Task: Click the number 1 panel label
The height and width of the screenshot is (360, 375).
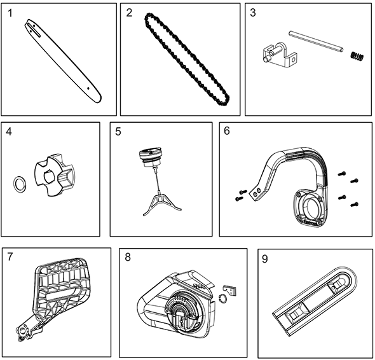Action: [x=10, y=13]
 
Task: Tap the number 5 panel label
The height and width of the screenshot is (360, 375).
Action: [x=118, y=132]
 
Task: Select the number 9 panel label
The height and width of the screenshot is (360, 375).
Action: [x=265, y=259]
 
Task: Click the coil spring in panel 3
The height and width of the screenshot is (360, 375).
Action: [x=357, y=56]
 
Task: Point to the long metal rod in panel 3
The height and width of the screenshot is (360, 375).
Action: [x=316, y=41]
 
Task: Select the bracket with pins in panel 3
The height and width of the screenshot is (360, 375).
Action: [x=280, y=53]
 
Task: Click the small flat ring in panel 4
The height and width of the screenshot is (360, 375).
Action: [x=20, y=184]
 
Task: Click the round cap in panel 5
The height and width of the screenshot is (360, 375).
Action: [x=151, y=157]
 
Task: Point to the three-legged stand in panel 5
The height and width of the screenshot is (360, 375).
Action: [x=162, y=204]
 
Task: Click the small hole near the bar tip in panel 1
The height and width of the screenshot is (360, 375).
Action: [x=88, y=88]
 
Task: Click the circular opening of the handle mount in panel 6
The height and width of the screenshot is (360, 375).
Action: [x=313, y=205]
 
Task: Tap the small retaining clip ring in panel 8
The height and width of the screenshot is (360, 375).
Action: [x=222, y=299]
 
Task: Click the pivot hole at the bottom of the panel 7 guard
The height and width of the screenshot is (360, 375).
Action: [x=22, y=331]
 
